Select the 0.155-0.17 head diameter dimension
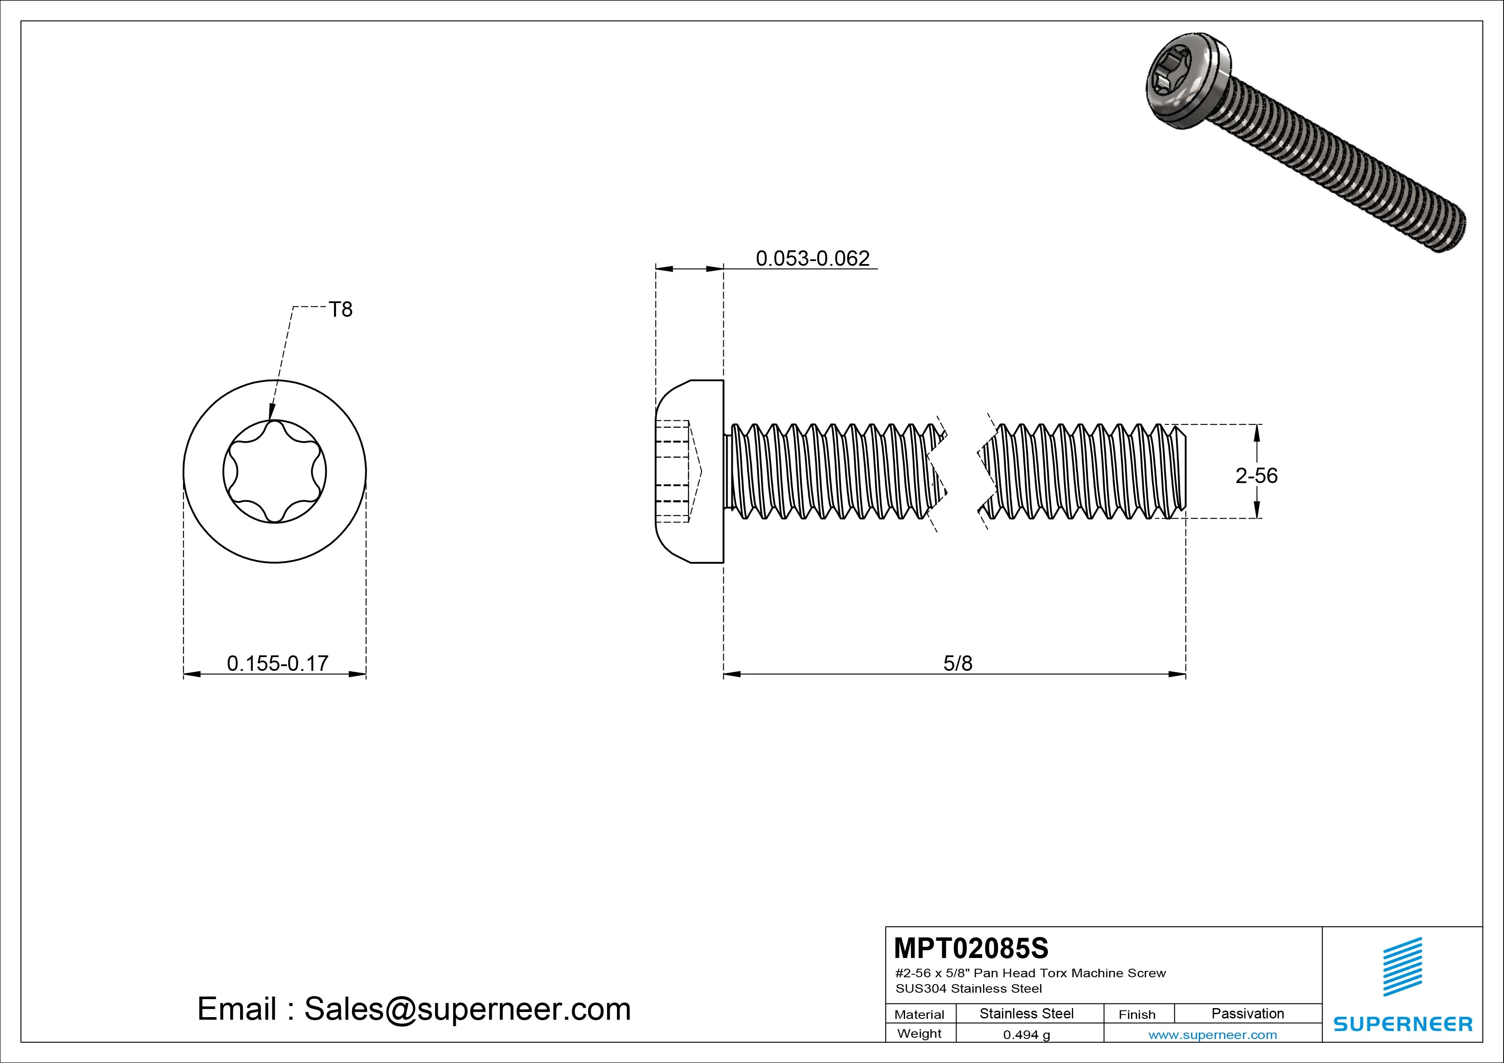[x=277, y=664]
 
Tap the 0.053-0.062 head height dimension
[x=812, y=259]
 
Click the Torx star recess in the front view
[x=274, y=471]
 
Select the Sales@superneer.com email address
[x=467, y=1009]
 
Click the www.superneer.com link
[x=1212, y=1035]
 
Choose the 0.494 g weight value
[x=1026, y=1035]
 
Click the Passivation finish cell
[x=1247, y=1014]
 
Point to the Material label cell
[x=919, y=1015]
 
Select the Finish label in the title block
[x=1137, y=1015]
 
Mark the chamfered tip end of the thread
[x=1179, y=471]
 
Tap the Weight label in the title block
[x=919, y=1033]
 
